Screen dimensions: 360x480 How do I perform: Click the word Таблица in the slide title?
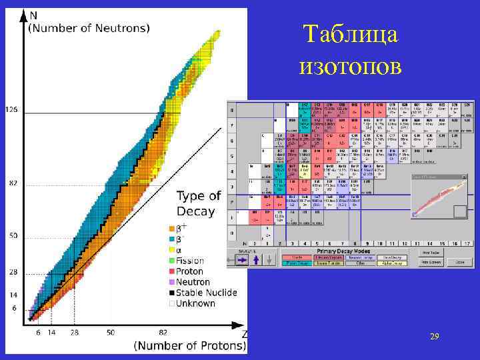click(350, 35)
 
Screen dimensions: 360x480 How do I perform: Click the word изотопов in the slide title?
click(351, 66)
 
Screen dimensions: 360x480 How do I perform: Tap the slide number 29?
click(434, 338)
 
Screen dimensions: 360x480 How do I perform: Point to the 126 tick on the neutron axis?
click(11, 108)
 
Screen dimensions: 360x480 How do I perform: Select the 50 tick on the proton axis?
click(110, 332)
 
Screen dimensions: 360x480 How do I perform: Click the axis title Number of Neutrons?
click(88, 28)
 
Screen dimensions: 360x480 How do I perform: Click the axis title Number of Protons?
click(190, 345)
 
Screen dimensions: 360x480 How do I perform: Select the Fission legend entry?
click(191, 261)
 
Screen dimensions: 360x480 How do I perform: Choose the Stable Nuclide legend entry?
click(210, 293)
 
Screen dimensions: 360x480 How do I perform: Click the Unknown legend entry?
click(195, 303)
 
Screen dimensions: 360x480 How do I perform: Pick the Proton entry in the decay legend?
click(189, 271)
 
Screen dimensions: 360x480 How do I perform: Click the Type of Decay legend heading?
click(198, 203)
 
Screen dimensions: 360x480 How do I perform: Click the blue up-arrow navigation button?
click(253, 260)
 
